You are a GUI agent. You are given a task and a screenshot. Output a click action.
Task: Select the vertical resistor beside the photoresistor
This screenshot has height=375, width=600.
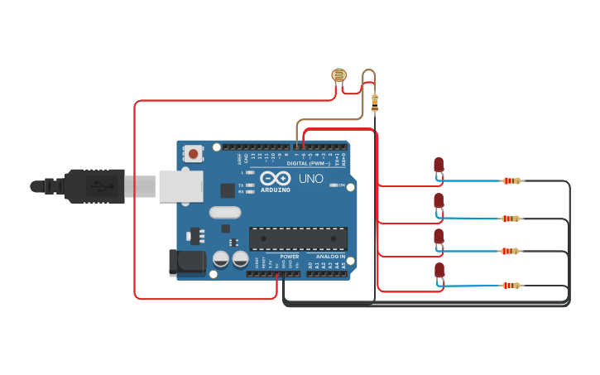375,103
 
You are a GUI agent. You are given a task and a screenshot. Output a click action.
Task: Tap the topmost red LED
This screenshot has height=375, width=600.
439,165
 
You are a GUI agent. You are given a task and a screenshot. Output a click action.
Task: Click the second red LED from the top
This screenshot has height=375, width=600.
439,201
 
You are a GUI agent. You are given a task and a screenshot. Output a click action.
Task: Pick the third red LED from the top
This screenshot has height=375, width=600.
439,237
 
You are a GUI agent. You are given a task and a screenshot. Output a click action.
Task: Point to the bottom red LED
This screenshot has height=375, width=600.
439,270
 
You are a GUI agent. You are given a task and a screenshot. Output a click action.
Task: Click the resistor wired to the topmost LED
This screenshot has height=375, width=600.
512,180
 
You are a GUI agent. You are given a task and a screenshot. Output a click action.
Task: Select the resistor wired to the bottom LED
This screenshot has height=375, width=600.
511,286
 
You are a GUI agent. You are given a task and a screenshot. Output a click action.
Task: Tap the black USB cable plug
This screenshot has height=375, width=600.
95,186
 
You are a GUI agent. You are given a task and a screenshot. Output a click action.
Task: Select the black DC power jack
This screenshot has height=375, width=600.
186,262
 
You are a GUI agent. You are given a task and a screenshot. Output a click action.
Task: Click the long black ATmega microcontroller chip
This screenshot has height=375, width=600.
298,238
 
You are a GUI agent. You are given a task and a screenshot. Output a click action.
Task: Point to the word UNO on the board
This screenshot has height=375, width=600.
310,179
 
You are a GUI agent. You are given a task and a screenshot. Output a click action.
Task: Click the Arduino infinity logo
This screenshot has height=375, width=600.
275,178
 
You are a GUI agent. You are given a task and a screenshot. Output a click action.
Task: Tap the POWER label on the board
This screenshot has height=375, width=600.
290,257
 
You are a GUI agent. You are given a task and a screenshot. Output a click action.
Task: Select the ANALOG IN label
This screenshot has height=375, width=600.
330,257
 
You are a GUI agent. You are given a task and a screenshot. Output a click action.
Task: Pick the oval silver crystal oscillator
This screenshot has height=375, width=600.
224,213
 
